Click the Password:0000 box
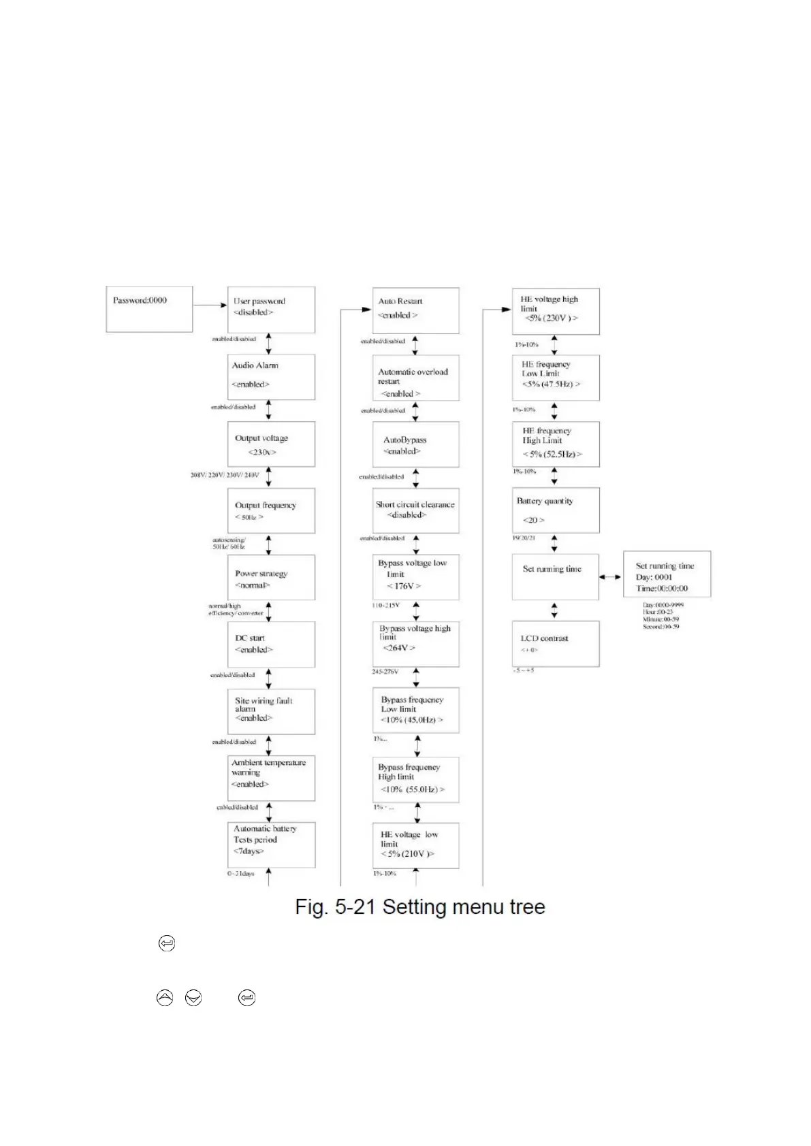tap(149, 309)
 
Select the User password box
tap(271, 309)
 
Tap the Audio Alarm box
tap(271, 376)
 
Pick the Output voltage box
tap(271, 444)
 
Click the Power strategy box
tap(271, 577)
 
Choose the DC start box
tap(271, 644)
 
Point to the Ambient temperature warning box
tap(271, 778)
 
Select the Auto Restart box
tap(415, 310)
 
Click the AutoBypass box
tap(415, 444)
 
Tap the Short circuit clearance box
tap(415, 510)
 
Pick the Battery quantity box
tap(556, 510)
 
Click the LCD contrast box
tap(556, 643)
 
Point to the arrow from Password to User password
tap(210, 305)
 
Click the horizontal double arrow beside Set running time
tap(610, 577)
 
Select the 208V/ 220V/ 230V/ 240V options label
tap(225, 475)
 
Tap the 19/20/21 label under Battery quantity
tap(524, 538)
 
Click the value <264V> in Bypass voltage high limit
tap(398, 648)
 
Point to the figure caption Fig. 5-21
tap(419, 906)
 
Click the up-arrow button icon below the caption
tap(165, 998)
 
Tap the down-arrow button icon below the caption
tap(193, 998)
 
